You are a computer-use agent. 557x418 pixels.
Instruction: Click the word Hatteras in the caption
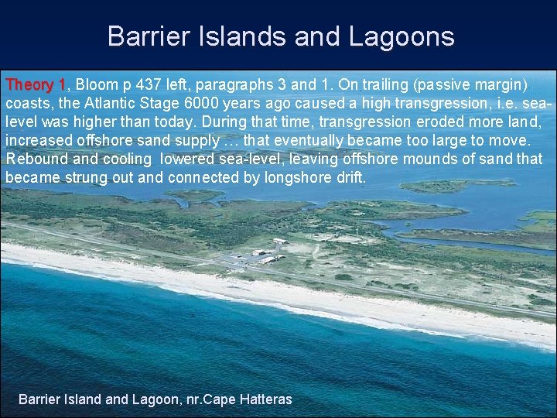point(264,399)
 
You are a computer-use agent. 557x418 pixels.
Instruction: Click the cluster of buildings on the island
point(267,254)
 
